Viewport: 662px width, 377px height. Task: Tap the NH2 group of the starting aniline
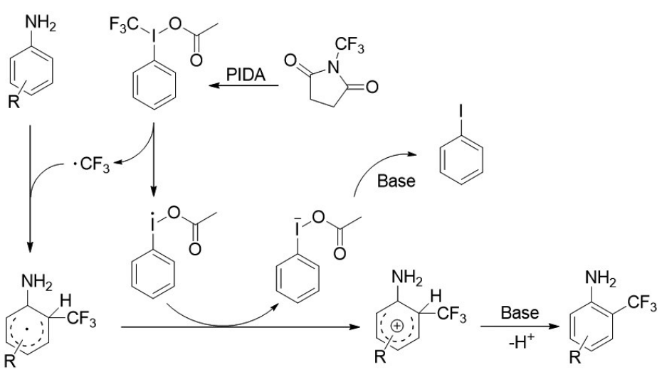click(44, 26)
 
